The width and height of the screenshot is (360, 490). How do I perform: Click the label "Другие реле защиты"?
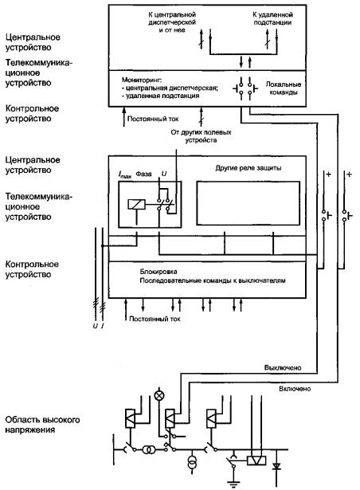(248, 168)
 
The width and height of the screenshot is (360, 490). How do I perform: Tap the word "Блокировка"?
(158, 272)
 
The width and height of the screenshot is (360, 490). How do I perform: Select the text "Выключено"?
(283, 367)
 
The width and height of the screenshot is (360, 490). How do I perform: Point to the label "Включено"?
(295, 389)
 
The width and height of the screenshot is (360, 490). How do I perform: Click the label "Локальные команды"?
(284, 88)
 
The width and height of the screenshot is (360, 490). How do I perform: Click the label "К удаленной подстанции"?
(272, 18)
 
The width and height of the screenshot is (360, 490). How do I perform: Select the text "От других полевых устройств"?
(201, 136)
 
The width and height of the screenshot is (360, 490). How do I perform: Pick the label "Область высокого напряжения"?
(42, 425)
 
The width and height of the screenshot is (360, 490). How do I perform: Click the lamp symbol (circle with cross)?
(159, 396)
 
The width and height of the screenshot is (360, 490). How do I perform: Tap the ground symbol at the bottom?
(233, 484)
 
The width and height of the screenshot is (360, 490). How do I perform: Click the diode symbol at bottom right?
(276, 467)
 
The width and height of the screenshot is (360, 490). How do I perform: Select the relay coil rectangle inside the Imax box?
(136, 205)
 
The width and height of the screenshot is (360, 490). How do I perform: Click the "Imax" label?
(125, 174)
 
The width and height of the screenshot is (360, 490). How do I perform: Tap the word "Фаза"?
(143, 174)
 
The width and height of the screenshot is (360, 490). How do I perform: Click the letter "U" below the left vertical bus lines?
(95, 326)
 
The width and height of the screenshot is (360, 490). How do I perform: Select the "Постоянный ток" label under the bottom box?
(155, 319)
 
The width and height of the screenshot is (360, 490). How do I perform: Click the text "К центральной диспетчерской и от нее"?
(172, 22)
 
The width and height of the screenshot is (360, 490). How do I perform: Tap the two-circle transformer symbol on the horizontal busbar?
(149, 450)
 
